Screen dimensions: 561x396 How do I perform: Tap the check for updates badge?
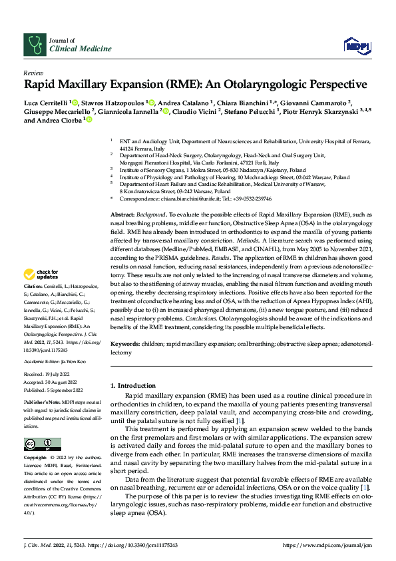41,292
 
